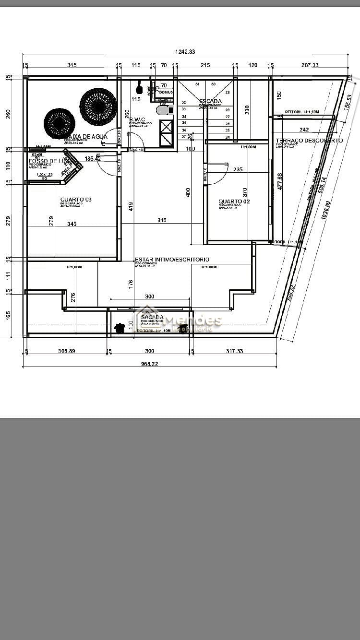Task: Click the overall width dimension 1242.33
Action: click(x=185, y=52)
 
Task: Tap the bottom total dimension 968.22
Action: click(x=150, y=364)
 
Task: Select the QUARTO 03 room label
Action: click(x=76, y=200)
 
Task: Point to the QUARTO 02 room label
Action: click(x=234, y=201)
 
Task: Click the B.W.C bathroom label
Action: click(x=137, y=119)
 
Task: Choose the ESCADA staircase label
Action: click(x=210, y=102)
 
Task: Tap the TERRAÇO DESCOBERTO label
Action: click(x=309, y=141)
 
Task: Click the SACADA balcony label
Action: click(x=152, y=317)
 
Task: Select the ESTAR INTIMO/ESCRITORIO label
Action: click(x=172, y=260)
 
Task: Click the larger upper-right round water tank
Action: click(x=98, y=106)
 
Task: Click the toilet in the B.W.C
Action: click(x=163, y=110)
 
